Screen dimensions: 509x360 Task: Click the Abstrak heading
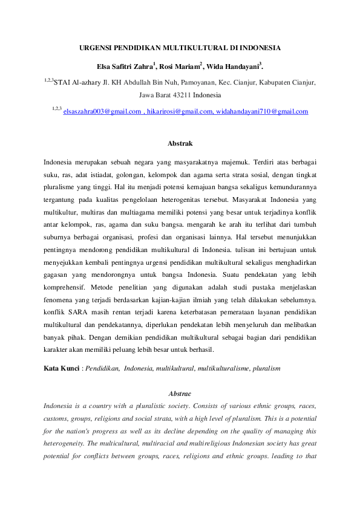pos(180,144)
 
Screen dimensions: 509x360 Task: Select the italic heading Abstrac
pos(180,393)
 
